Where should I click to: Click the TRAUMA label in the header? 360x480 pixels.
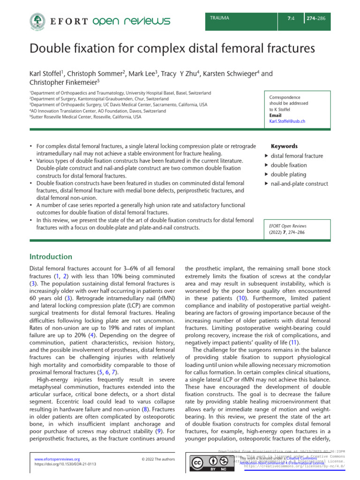(x=220, y=18)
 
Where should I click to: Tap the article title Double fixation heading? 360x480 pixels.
(x=172, y=48)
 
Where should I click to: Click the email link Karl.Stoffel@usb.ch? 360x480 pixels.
(x=287, y=121)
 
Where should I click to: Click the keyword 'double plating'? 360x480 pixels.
(x=289, y=174)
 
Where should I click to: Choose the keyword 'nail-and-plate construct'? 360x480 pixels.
(x=299, y=184)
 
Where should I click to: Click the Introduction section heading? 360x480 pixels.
(x=51, y=257)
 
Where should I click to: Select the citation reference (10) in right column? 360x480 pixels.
(x=228, y=311)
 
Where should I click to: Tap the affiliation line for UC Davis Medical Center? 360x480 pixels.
(x=118, y=105)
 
